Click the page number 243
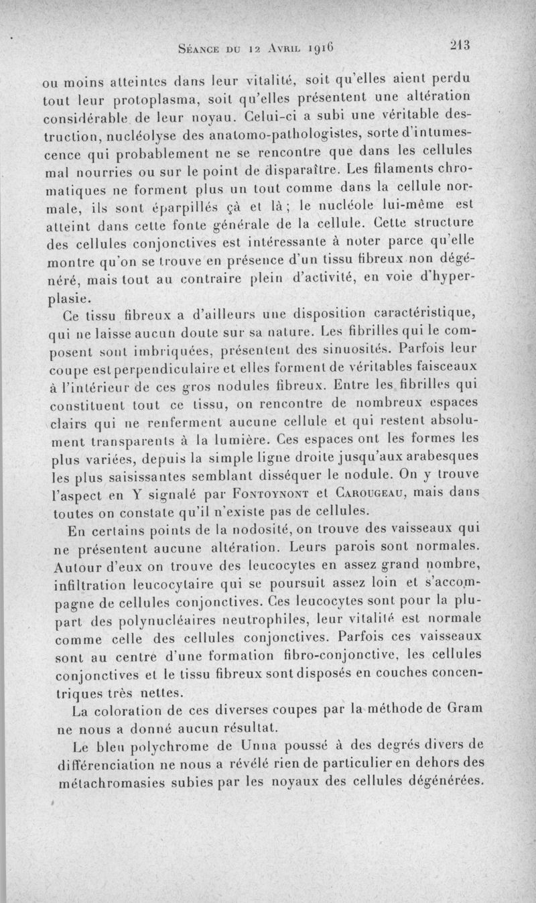pos(462,46)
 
